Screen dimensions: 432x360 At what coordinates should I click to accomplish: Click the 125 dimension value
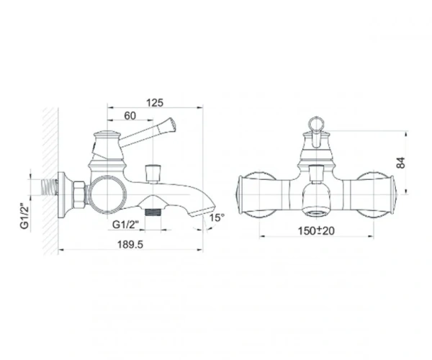click(155, 102)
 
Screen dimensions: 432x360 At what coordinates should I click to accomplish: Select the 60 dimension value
click(130, 116)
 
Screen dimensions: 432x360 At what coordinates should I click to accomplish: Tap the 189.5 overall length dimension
click(130, 244)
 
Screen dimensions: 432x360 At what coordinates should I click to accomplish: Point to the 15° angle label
click(217, 217)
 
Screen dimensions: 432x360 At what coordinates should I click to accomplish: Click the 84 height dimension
click(401, 163)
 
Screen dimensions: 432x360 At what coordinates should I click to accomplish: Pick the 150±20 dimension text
click(316, 231)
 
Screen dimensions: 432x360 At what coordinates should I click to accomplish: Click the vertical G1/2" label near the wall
click(24, 216)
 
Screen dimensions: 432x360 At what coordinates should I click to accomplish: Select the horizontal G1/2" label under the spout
click(125, 225)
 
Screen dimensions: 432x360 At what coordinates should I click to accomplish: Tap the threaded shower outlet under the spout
click(153, 212)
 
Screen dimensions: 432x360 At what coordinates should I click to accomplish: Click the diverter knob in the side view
click(153, 174)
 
